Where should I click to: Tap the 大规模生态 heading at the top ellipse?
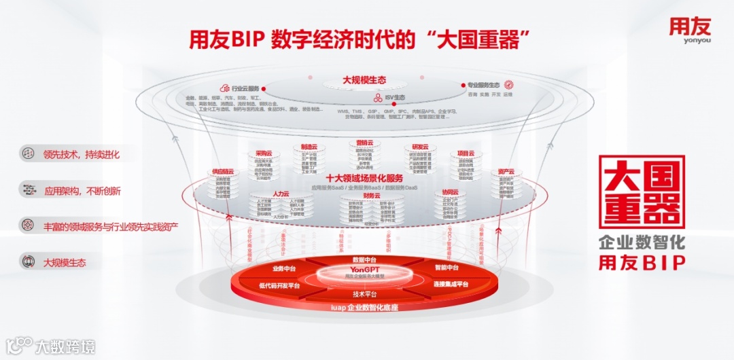(x=364, y=80)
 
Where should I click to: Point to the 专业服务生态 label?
(x=483, y=86)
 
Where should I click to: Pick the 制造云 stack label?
(x=309, y=146)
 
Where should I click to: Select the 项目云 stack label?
(x=466, y=154)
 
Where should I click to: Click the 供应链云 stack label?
(x=222, y=172)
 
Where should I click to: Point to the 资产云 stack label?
(x=506, y=172)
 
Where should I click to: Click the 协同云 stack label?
(x=451, y=193)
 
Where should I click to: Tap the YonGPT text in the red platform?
(x=365, y=270)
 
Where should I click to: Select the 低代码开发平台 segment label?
(x=279, y=285)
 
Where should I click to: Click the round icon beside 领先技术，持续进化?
(x=28, y=154)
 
